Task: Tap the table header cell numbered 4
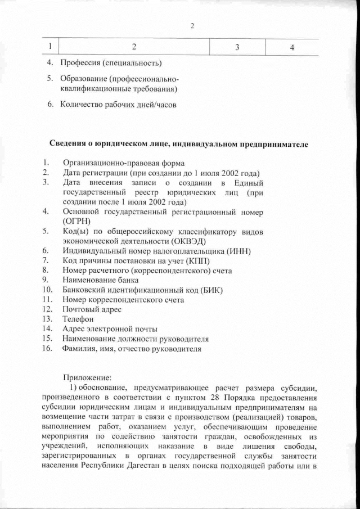(292, 48)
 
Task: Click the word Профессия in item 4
(80, 61)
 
